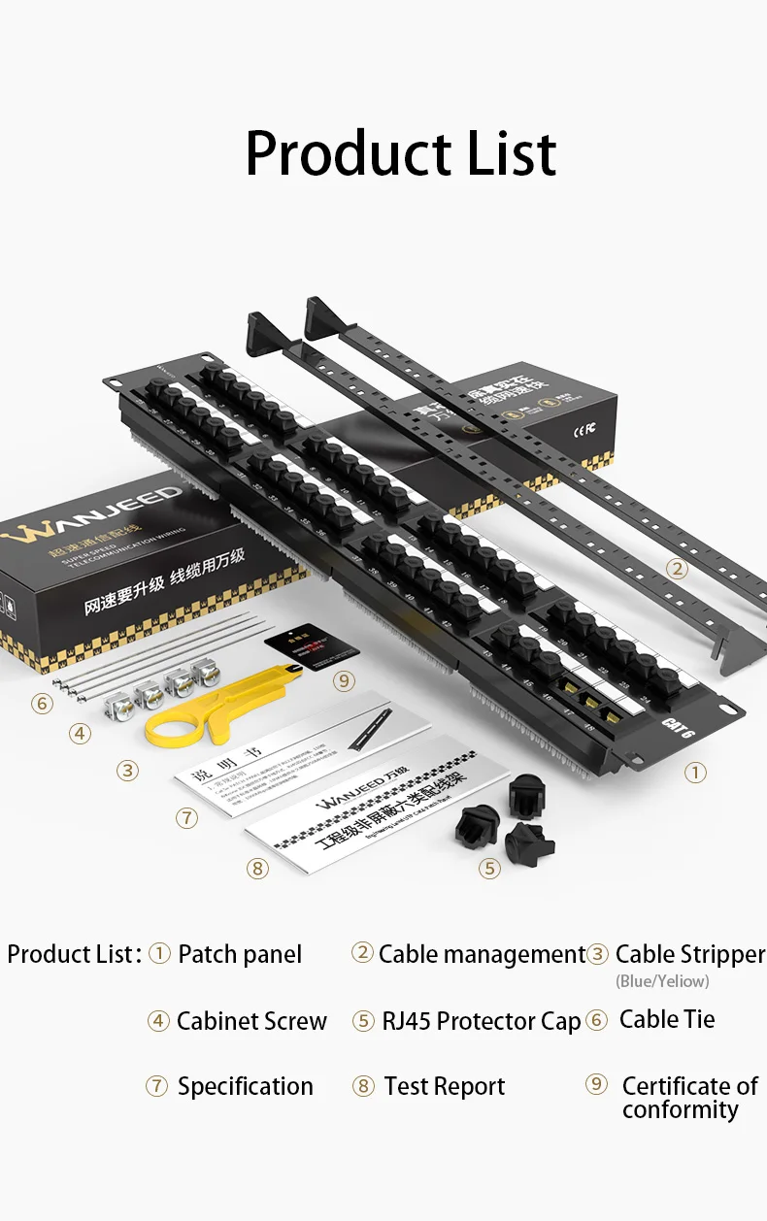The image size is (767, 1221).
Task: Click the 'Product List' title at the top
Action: coord(401,153)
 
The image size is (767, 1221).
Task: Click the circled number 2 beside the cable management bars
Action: coord(678,570)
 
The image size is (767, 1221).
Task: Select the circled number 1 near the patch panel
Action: coord(695,773)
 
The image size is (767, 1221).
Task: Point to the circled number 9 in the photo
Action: coord(345,680)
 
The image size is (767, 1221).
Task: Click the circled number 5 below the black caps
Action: coord(489,869)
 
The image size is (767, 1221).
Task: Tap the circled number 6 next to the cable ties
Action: coord(42,703)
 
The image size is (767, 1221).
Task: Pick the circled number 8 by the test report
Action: coord(257,869)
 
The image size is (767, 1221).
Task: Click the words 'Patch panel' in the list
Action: coord(240,955)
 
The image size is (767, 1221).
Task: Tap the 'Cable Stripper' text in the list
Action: coord(690,955)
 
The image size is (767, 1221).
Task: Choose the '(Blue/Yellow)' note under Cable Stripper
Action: coord(662,981)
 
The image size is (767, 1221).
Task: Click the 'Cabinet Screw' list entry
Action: coord(251,1021)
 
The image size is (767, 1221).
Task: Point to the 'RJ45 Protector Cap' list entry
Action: coord(481,1021)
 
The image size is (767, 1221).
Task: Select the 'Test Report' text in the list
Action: coord(445,1086)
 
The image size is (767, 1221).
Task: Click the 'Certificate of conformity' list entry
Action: coord(688,1098)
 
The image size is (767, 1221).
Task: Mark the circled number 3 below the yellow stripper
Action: coord(127,772)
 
